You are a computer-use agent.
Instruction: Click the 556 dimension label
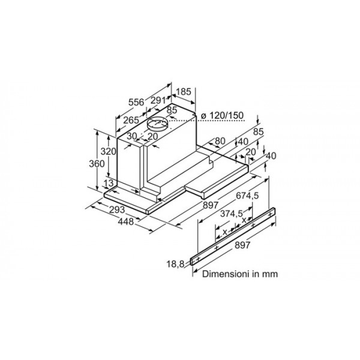(136, 102)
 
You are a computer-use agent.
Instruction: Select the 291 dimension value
(158, 100)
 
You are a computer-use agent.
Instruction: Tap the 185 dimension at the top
(184, 92)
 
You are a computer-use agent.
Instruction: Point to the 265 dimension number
(131, 120)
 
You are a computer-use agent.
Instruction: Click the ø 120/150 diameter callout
(222, 115)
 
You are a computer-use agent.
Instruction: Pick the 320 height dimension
(109, 151)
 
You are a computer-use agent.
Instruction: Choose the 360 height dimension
(97, 164)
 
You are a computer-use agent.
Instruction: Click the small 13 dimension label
(109, 183)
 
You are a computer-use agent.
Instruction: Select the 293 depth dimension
(117, 209)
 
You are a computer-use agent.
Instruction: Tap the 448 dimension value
(125, 221)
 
